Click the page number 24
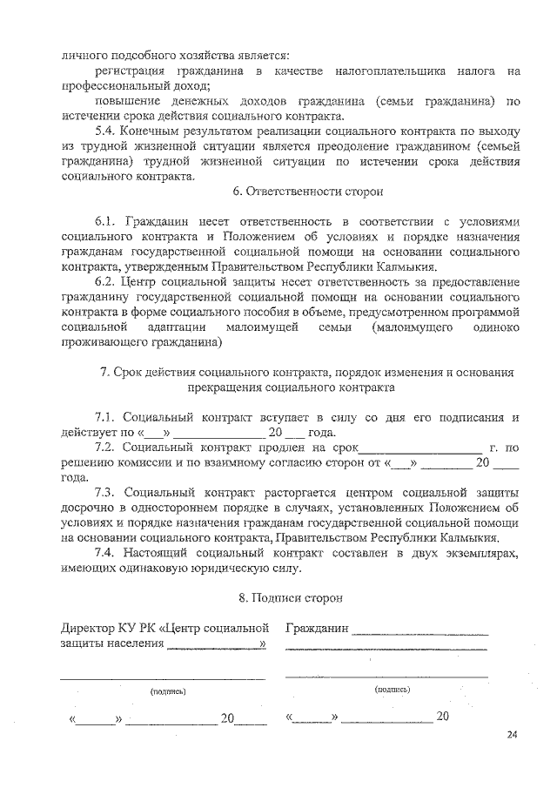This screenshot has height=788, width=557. click(x=512, y=736)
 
